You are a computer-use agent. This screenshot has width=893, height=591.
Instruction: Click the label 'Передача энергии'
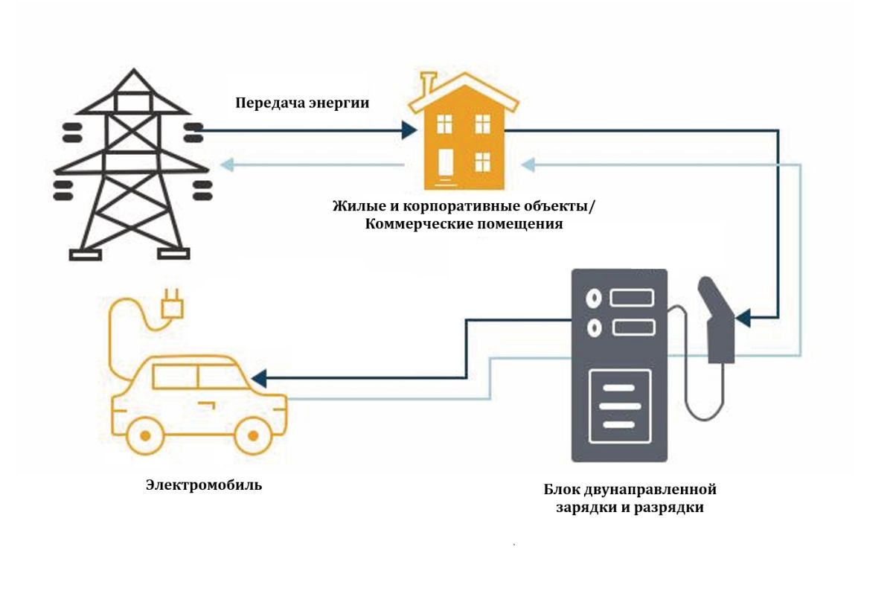(x=302, y=103)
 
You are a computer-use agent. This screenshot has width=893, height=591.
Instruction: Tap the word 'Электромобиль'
(x=204, y=485)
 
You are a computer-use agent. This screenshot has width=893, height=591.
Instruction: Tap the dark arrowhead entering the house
(x=409, y=130)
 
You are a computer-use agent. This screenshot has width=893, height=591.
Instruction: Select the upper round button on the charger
(x=594, y=298)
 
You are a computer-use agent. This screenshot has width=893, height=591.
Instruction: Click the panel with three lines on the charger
(x=620, y=406)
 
